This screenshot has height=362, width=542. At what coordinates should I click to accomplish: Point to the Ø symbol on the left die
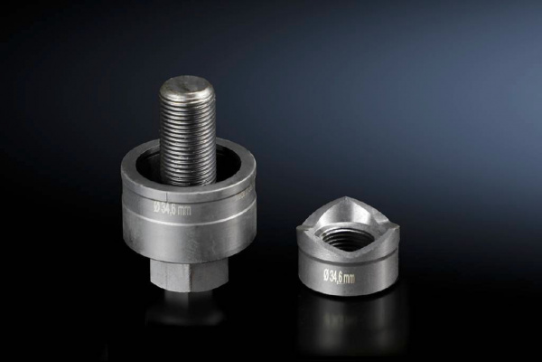(157, 207)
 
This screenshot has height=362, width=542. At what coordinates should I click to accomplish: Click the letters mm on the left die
(185, 211)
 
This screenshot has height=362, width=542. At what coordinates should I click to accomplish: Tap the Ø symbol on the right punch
(326, 275)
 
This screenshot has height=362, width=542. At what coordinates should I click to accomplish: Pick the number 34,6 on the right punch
(336, 277)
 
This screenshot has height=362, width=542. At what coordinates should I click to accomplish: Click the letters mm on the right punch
(350, 278)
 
